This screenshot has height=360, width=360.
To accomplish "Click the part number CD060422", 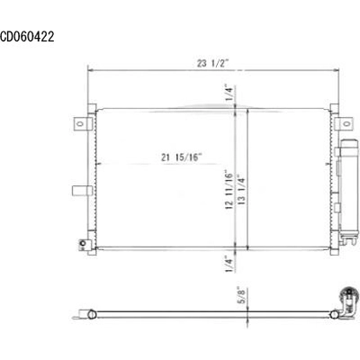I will [27, 38].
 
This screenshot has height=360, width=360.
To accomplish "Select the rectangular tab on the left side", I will [82, 190].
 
